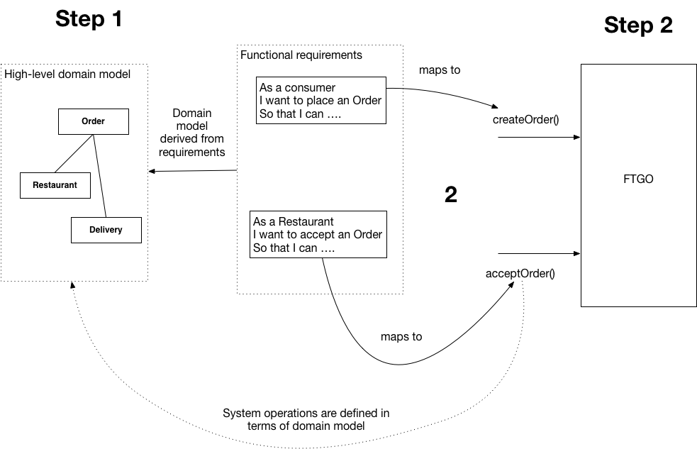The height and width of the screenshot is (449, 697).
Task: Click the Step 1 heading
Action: [x=89, y=19]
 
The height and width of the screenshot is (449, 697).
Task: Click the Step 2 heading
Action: [x=637, y=26]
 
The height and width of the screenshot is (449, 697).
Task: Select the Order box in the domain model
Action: [x=93, y=121]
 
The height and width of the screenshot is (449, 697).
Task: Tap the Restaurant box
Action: [x=55, y=185]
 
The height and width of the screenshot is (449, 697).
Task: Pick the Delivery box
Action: [x=106, y=230]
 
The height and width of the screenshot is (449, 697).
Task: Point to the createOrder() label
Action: [x=525, y=118]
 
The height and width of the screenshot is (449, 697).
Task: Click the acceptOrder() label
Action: [x=520, y=273]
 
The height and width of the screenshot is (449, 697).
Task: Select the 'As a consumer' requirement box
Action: [x=321, y=100]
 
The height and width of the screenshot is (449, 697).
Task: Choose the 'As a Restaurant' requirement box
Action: [x=319, y=234]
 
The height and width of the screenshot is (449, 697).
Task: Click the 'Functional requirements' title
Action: [x=301, y=55]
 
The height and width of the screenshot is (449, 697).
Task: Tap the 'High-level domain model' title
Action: [x=67, y=74]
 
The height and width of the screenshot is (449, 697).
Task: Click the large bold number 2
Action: [x=450, y=195]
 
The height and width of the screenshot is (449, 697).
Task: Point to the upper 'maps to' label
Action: [x=440, y=70]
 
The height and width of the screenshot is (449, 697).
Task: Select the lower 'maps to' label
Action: [x=401, y=336]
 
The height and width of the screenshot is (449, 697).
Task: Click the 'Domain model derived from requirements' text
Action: [x=191, y=133]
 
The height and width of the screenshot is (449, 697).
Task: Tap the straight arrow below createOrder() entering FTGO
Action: [x=539, y=137]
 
